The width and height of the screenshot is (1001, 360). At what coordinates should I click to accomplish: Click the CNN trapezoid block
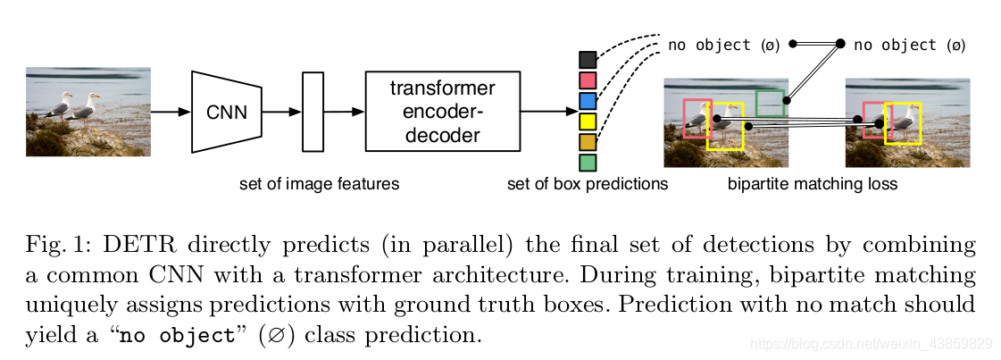227,112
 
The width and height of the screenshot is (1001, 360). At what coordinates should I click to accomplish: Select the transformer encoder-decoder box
442,111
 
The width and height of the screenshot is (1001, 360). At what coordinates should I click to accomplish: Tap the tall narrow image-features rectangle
313,112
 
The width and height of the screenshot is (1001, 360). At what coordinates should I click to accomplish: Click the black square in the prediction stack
588,60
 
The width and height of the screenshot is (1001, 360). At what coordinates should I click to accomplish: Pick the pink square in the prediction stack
588,80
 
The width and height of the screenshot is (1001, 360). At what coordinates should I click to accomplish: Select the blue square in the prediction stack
588,101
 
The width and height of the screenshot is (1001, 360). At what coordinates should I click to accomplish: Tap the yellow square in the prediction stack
588,121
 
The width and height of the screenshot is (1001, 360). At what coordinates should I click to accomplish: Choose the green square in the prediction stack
588,162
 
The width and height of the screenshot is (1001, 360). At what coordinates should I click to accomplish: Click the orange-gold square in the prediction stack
588,142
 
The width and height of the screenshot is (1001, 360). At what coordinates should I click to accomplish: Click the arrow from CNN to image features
281,112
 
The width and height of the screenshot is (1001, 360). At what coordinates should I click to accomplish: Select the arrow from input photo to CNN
171,112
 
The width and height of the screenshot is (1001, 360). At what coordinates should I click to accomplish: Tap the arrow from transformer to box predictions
550,112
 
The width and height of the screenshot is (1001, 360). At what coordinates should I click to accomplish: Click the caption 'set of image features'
319,185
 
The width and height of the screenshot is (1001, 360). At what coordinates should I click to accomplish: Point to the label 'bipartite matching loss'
813,185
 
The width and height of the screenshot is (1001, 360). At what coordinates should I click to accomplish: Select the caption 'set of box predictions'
588,185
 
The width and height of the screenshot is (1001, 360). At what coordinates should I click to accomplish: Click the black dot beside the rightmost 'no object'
840,44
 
